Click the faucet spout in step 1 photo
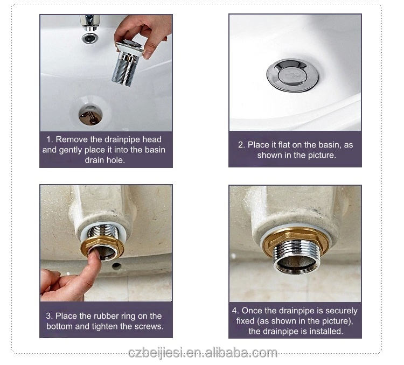click(89, 23)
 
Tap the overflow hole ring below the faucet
click(89, 38)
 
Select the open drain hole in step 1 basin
click(90, 115)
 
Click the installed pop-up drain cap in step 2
click(292, 75)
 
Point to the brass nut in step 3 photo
click(102, 247)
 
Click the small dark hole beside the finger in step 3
click(117, 266)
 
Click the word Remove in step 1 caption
click(72, 139)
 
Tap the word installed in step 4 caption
click(326, 331)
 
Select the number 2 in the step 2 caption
click(241, 145)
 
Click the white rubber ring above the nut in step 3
click(103, 232)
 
